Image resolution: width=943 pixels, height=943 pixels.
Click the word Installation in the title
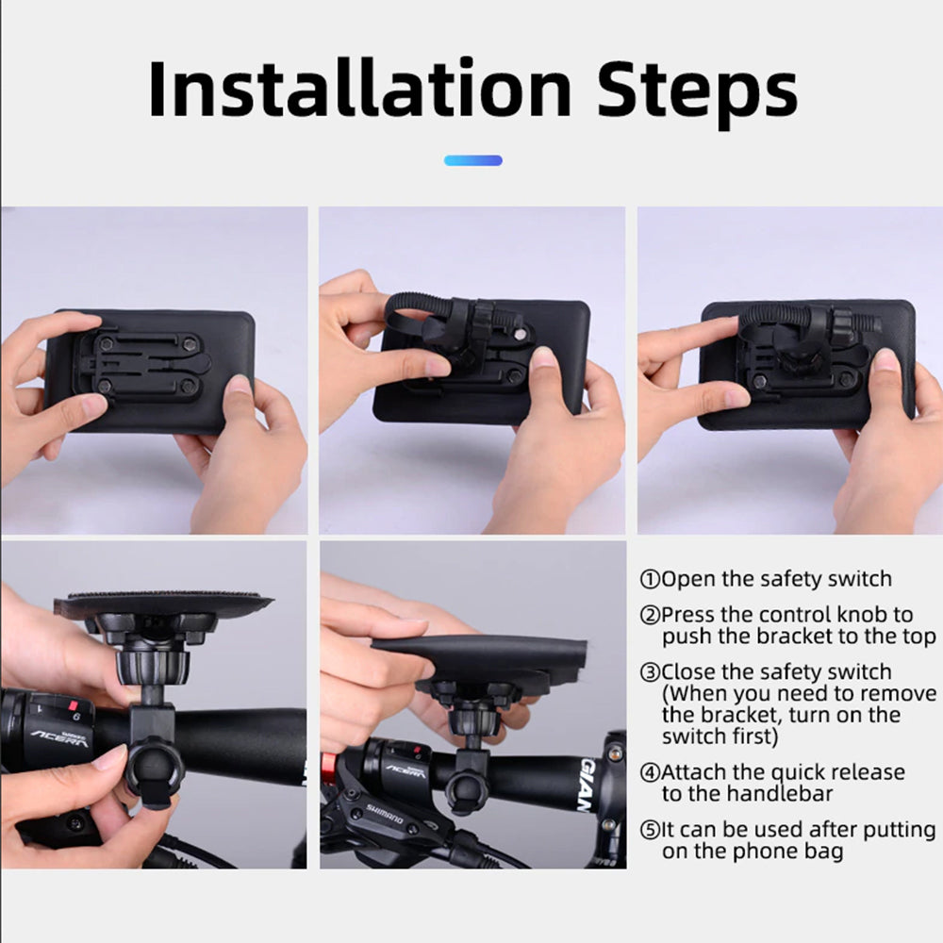click(x=359, y=89)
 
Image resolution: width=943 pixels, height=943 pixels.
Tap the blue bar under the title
click(x=472, y=160)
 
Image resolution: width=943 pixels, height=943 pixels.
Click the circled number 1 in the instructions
click(x=650, y=579)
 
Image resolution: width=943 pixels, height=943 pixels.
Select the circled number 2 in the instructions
click(x=650, y=615)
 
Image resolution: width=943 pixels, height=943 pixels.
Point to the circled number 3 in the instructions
click(x=650, y=672)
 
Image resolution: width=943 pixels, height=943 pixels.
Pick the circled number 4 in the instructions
click(x=650, y=772)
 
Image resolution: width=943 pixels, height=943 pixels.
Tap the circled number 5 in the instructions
click(x=650, y=830)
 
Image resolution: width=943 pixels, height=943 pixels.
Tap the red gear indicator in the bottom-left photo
click(x=74, y=704)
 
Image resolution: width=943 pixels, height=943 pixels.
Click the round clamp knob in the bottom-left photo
click(x=155, y=772)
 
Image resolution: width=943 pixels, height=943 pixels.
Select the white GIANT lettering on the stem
click(x=587, y=785)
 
